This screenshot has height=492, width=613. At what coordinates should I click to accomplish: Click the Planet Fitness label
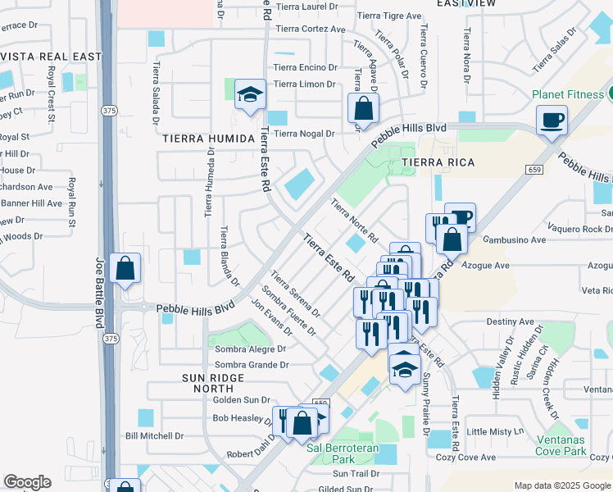coord(567,94)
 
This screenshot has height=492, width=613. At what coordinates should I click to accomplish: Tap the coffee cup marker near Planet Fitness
coord(552,121)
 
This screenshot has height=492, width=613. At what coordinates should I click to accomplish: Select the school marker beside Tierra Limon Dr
coord(250,96)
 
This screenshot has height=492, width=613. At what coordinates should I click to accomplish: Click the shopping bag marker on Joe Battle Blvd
coord(125,269)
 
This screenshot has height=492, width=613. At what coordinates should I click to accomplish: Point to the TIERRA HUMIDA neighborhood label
coord(208,139)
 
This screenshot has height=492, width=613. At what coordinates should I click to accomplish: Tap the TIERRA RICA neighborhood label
coord(438,162)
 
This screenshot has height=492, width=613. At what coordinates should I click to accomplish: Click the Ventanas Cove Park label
coord(574,444)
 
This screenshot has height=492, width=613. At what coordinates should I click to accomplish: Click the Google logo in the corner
coord(27,482)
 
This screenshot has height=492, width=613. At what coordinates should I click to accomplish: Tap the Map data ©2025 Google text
coord(561,485)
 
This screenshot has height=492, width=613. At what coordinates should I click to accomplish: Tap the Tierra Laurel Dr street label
coord(306,7)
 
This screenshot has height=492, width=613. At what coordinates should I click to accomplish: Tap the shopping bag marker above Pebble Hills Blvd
coord(363,108)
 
